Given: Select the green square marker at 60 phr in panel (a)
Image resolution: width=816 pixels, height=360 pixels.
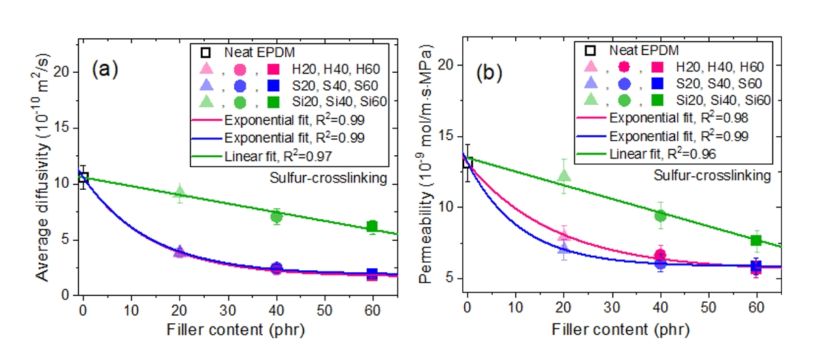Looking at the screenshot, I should tap(372, 227).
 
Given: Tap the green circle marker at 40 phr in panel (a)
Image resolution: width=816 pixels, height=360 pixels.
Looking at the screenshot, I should tap(276, 216).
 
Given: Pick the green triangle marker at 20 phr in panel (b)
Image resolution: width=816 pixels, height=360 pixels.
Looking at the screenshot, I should tap(564, 176).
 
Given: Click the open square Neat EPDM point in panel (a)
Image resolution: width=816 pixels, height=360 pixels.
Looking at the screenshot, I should tap(83, 178).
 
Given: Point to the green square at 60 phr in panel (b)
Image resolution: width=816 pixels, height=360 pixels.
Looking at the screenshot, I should tap(755, 240).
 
